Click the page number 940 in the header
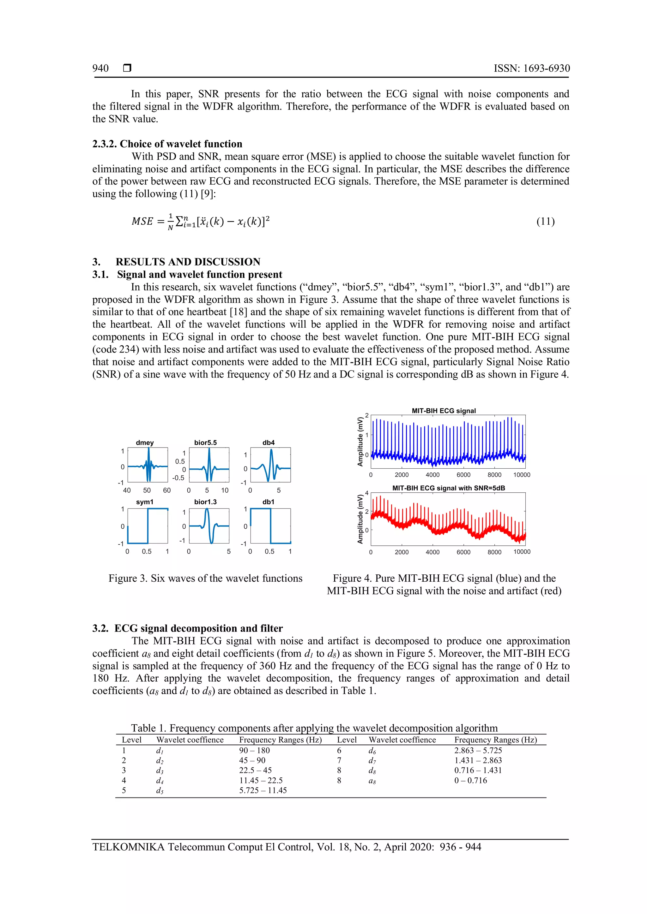coord(100,68)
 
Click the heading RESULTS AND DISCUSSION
coord(188,262)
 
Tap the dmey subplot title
coord(145,443)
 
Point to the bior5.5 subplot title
coord(206,443)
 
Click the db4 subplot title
coord(269,443)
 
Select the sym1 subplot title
coord(145,502)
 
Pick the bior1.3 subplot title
coord(206,502)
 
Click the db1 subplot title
coord(269,502)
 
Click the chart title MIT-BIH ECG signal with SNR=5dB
coord(449,488)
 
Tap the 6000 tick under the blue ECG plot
coord(463,475)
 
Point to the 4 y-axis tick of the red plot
coord(367,493)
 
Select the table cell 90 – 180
coord(254,751)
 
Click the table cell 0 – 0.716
coord(470,780)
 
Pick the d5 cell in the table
coord(160,791)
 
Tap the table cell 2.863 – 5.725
coord(478,751)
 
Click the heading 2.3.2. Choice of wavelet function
coord(167,144)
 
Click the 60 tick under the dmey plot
coord(166,490)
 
